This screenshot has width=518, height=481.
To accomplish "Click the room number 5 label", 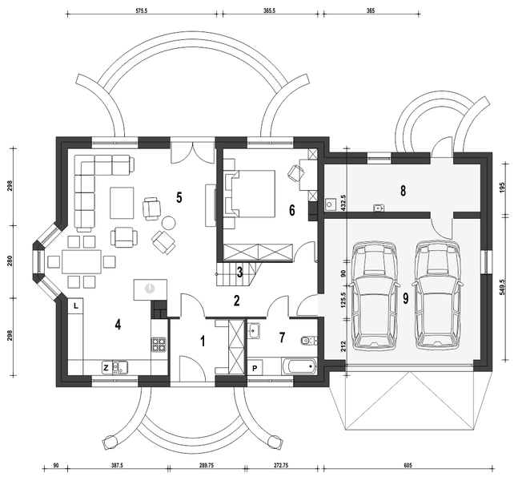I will [180, 196].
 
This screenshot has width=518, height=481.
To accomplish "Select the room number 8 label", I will [404, 191].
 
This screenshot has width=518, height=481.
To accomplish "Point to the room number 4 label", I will [117, 325].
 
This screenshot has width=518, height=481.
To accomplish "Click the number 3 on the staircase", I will [239, 273].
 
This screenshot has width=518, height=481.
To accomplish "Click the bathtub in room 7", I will [296, 368].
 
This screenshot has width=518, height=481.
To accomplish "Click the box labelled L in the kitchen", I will [75, 305].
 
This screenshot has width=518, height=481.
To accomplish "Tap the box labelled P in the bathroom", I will [255, 368].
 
